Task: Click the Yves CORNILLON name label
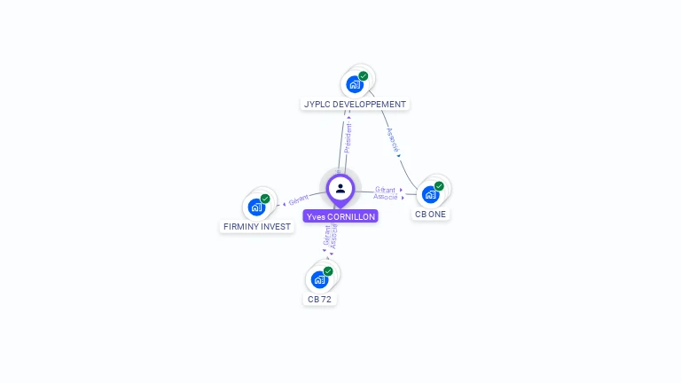pos(340,216)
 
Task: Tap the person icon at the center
pos(340,188)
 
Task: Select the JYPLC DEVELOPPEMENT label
pos(355,104)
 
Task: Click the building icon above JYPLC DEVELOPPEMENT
pos(355,84)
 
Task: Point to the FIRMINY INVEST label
pos(256,226)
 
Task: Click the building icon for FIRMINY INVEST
pos(256,207)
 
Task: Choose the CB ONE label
pos(431,214)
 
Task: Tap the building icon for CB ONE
pos(430,194)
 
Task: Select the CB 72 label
pos(319,299)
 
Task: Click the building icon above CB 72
pos(319,279)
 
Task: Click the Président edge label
pos(348,138)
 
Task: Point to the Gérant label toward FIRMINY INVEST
pos(298,200)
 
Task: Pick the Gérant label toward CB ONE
pos(385,190)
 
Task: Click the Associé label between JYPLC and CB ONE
pos(392,140)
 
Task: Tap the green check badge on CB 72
pos(328,271)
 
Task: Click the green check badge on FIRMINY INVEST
pos(265,199)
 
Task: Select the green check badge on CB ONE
pos(439,186)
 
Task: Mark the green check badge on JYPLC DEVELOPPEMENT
pos(364,76)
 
